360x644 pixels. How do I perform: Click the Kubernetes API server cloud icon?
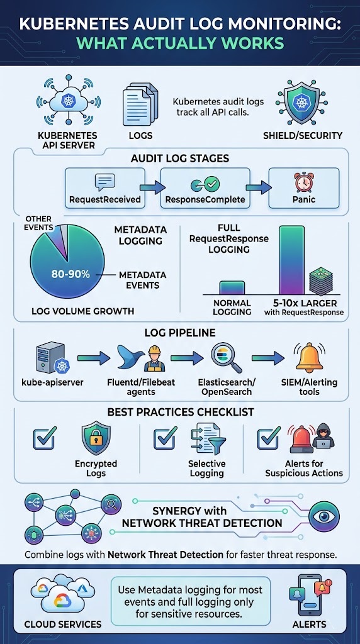click(67, 101)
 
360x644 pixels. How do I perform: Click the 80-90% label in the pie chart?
click(70, 274)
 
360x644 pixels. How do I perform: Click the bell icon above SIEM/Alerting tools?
click(309, 357)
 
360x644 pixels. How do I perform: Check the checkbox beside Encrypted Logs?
click(43, 438)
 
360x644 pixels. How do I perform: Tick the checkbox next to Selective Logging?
click(165, 438)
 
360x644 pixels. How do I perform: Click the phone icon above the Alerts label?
click(308, 595)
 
